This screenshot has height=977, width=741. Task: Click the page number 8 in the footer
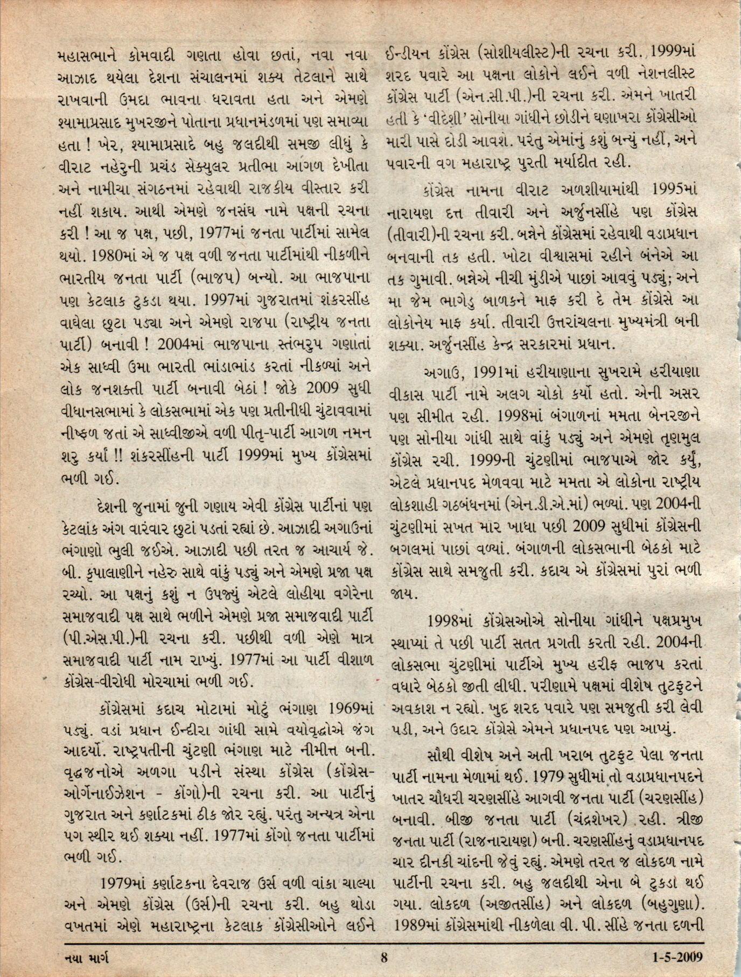384,957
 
